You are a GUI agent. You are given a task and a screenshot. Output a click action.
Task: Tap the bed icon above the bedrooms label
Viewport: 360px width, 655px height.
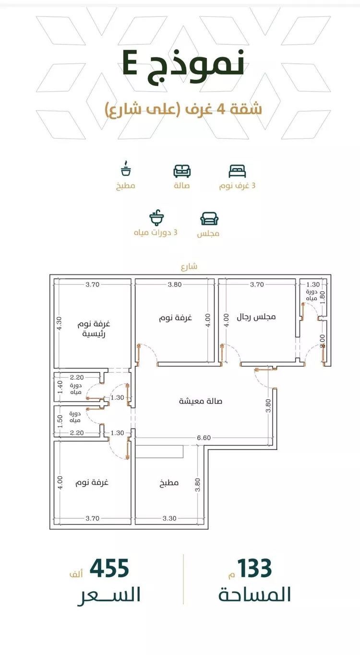click(237, 171)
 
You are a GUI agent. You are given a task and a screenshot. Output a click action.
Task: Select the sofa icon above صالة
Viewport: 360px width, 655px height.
click(182, 171)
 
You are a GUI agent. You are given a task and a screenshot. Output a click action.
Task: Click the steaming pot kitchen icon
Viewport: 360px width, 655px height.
click(126, 168)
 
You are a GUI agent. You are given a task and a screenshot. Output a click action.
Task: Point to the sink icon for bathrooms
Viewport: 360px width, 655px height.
click(156, 217)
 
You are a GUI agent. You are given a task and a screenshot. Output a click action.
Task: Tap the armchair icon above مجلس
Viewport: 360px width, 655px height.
click(209, 219)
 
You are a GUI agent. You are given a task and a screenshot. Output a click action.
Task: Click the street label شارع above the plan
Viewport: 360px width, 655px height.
click(189, 266)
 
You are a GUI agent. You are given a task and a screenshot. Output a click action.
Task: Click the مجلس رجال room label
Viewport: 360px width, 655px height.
click(256, 317)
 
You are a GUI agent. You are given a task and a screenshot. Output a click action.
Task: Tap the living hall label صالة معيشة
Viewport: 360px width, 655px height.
click(201, 401)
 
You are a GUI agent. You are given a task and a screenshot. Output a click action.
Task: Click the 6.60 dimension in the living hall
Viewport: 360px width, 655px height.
click(204, 438)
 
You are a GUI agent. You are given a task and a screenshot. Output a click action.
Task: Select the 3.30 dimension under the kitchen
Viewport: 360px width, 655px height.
click(169, 518)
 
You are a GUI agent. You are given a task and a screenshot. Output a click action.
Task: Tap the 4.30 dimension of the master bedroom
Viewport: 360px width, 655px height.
click(60, 323)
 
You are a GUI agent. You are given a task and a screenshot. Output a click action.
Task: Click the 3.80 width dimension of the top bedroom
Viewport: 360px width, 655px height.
click(175, 285)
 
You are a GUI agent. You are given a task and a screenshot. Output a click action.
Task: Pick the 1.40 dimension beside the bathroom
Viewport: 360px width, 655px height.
click(60, 387)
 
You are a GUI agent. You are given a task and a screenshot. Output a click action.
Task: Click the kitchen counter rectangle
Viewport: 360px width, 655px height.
click(159, 452)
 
